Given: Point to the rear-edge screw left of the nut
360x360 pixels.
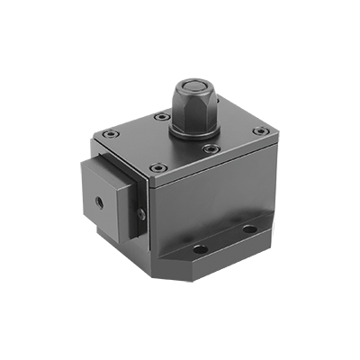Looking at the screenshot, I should (160, 116).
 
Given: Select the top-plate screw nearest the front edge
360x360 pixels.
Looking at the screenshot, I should (158, 167).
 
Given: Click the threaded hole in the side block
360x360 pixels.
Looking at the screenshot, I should (96, 200).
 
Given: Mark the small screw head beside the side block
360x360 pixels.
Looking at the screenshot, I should (141, 214).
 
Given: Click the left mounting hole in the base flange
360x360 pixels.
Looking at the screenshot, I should (200, 248).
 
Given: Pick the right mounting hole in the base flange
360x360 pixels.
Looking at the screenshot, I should (249, 230).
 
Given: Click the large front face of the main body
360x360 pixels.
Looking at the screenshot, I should (207, 207).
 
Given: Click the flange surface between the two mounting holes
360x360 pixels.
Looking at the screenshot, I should (225, 240).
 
